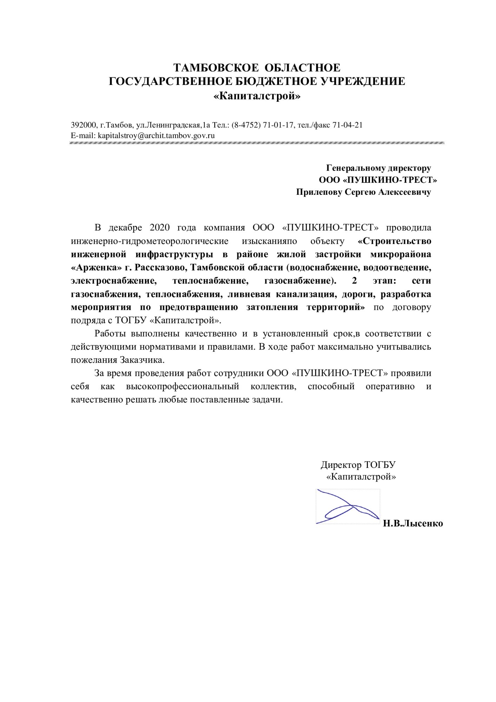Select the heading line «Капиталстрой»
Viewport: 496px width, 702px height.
tap(257, 96)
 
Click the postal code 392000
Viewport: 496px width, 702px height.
tap(84, 125)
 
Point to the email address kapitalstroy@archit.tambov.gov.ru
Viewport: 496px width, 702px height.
tap(156, 135)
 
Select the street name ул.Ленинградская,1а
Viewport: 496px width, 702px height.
tap(173, 125)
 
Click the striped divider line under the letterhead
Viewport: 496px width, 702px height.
tap(257, 143)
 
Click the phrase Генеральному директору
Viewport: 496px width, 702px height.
tap(378, 168)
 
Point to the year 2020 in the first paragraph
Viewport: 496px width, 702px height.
tap(160, 227)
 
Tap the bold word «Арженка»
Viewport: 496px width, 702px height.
tap(96, 267)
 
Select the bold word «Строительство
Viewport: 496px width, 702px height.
tap(395, 241)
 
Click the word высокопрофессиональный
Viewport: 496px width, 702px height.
tap(183, 386)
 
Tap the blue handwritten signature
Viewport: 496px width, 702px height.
tap(348, 506)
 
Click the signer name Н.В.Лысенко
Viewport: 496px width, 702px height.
tap(413, 523)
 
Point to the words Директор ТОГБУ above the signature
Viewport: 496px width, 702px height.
tap(358, 465)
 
